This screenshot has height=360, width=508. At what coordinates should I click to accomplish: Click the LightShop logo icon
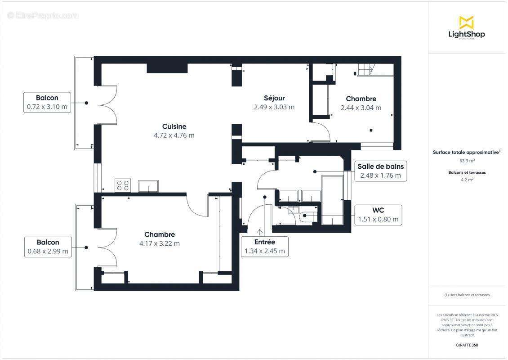point(466,22)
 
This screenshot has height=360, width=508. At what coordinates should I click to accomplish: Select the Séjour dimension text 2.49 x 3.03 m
point(274,107)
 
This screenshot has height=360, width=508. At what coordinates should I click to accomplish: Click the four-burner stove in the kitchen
point(123,185)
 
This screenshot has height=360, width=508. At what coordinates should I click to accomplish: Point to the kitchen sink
point(148,186)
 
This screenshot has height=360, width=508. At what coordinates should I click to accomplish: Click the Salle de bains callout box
point(380,171)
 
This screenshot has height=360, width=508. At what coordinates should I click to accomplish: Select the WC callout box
point(378,215)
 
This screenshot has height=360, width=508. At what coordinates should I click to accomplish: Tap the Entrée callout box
point(265,247)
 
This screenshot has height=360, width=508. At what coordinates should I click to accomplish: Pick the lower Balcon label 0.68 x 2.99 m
point(48,247)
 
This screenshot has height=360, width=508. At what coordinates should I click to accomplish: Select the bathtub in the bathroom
point(332,200)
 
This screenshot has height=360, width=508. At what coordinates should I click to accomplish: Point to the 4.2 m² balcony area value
point(467,180)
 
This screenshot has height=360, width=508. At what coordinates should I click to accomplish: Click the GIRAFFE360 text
point(467,345)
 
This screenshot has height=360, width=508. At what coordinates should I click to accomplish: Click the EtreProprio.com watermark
point(43,16)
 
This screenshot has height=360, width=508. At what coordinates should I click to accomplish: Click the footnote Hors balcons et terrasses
point(467,295)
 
